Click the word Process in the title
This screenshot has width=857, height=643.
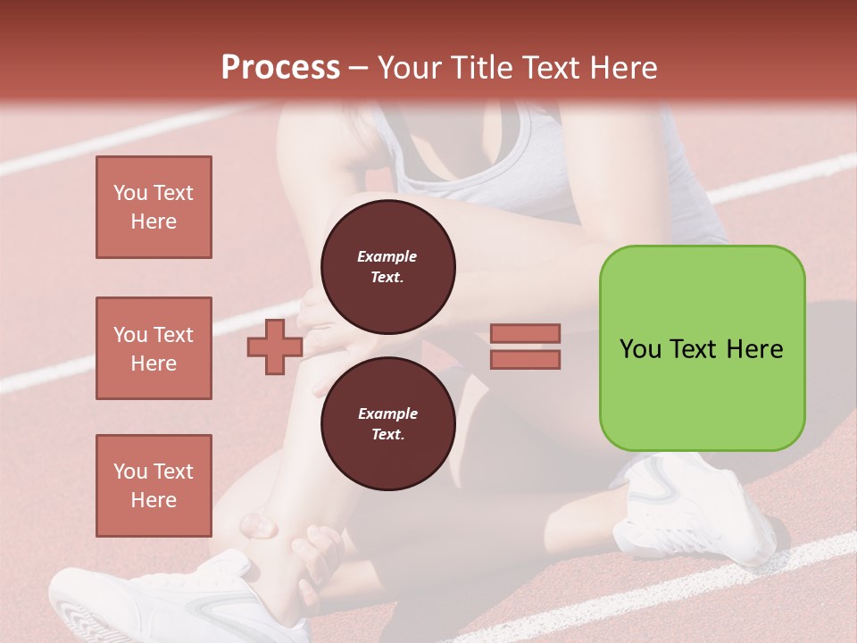pyautogui.click(x=280, y=68)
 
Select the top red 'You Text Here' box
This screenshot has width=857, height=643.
pyautogui.click(x=154, y=207)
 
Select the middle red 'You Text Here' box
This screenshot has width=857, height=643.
pyautogui.click(x=154, y=348)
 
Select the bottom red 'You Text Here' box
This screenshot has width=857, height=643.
pyautogui.click(x=154, y=486)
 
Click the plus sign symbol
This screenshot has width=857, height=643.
pyautogui.click(x=275, y=347)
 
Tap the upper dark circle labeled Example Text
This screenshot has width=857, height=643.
pyautogui.click(x=387, y=267)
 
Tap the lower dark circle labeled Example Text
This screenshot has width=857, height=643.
pyautogui.click(x=387, y=424)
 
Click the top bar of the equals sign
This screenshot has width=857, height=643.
pyautogui.click(x=525, y=333)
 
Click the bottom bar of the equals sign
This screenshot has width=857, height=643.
pyautogui.click(x=525, y=359)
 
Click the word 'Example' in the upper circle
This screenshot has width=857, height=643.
pyautogui.click(x=387, y=256)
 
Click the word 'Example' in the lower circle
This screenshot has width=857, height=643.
pyautogui.click(x=387, y=413)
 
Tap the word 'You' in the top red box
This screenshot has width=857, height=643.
pyautogui.click(x=129, y=193)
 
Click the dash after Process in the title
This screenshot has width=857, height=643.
pyautogui.click(x=358, y=68)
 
